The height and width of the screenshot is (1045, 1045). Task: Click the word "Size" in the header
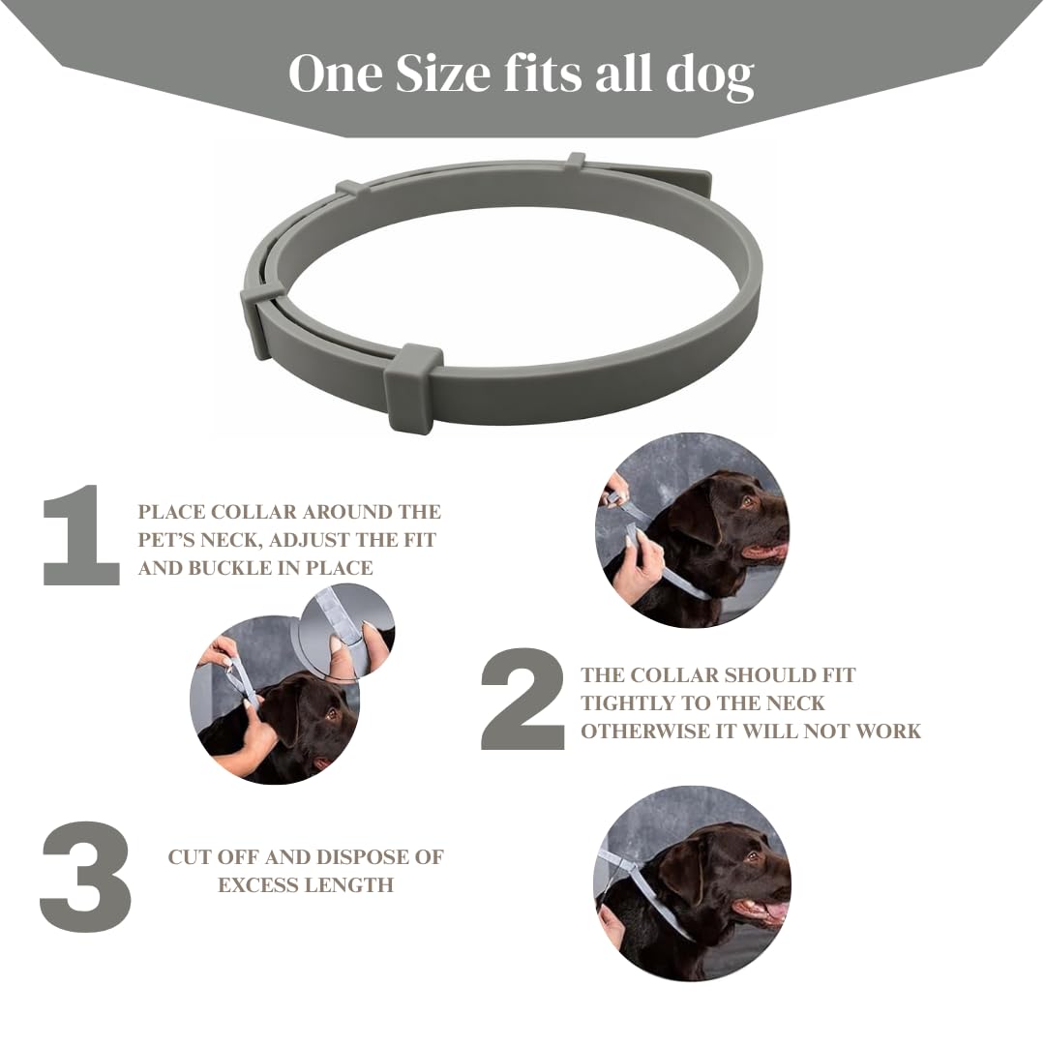pyautogui.click(x=442, y=73)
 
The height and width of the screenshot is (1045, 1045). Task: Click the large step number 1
pyautogui.click(x=81, y=535)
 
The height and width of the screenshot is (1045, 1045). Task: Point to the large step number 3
pyautogui.click(x=85, y=877)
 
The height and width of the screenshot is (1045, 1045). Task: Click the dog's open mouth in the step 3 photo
pyautogui.click(x=760, y=909)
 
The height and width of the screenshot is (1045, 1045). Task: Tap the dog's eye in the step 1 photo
pyautogui.click(x=331, y=714)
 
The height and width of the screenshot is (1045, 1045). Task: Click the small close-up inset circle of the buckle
pyautogui.click(x=346, y=631)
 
